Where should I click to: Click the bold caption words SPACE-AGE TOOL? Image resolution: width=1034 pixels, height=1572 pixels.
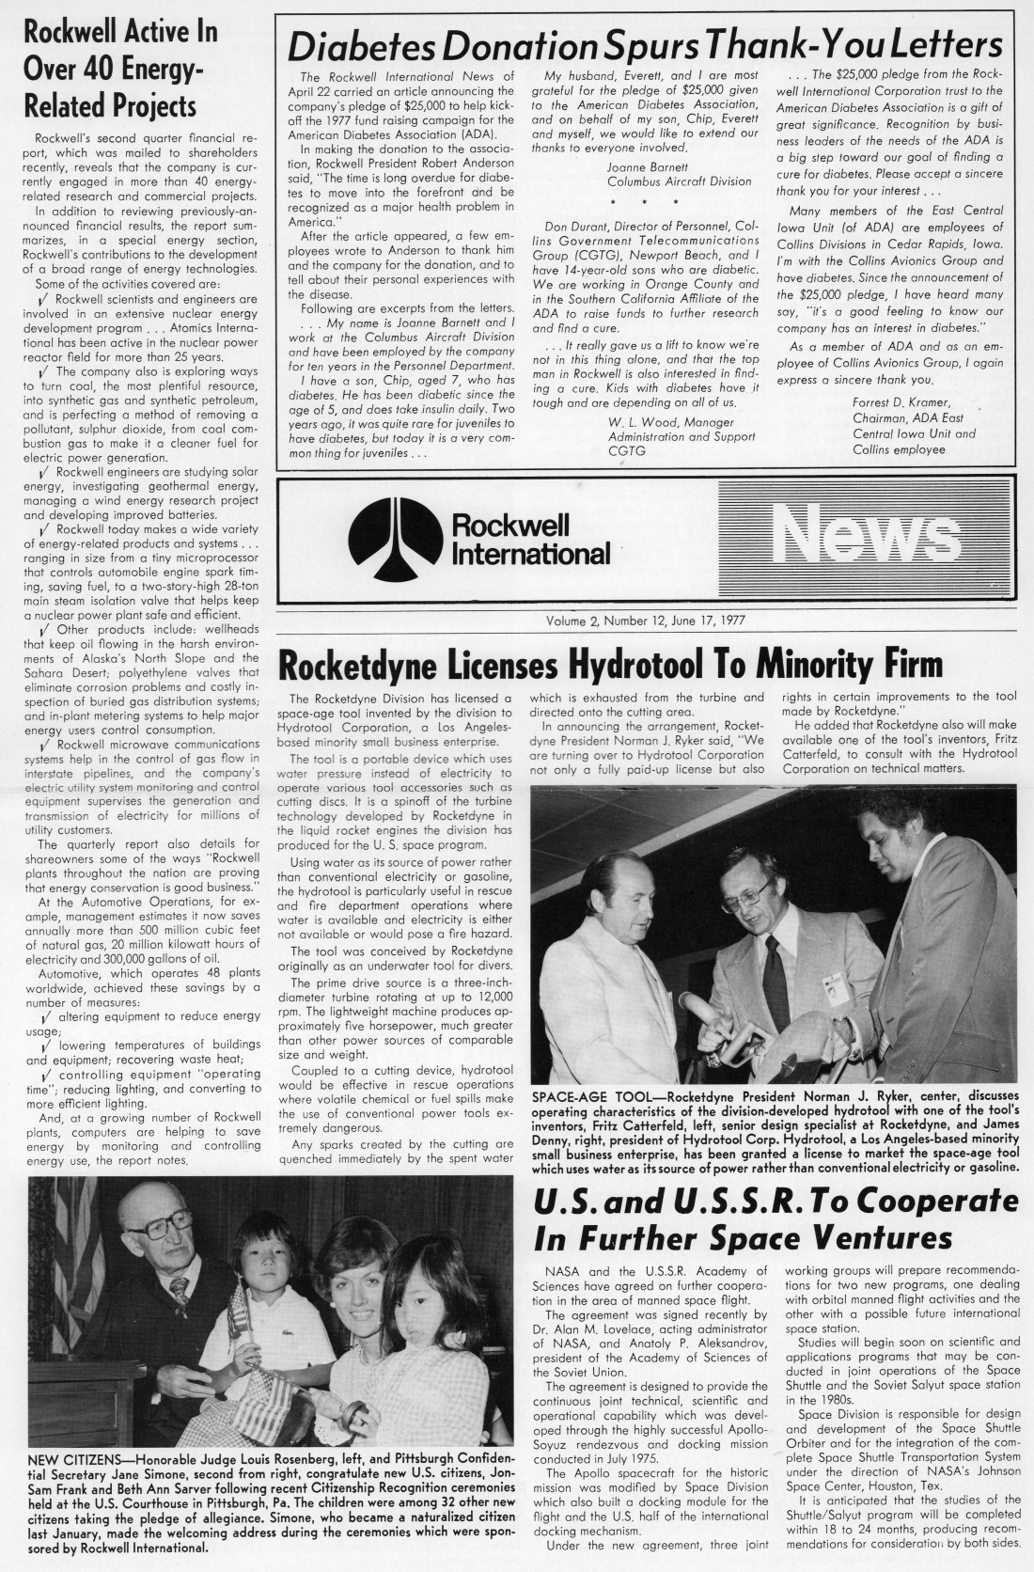pyautogui.click(x=593, y=1096)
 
